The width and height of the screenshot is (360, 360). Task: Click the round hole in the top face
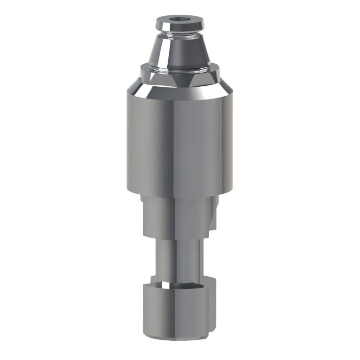(180, 21)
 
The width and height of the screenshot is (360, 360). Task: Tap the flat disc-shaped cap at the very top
(180, 24)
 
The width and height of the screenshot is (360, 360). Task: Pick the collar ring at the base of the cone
(180, 69)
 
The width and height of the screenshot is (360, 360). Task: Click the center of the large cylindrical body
(180, 142)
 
